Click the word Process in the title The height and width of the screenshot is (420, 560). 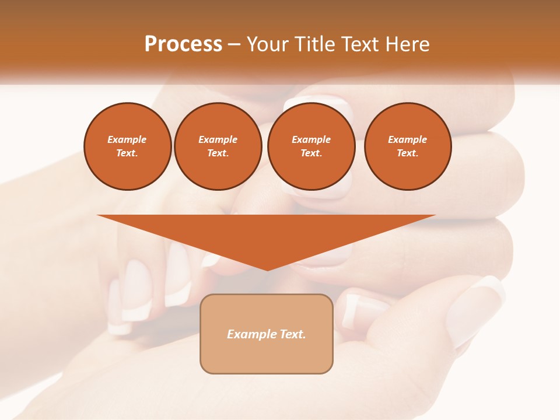pyautogui.click(x=183, y=44)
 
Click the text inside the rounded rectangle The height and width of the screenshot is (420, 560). pyautogui.click(x=267, y=334)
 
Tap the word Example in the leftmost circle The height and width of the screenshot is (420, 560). pyautogui.click(x=127, y=139)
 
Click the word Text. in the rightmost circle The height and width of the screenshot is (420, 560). pyautogui.click(x=408, y=153)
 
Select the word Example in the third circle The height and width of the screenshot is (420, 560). pyautogui.click(x=311, y=139)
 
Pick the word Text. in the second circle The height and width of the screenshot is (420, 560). pyautogui.click(x=218, y=153)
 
